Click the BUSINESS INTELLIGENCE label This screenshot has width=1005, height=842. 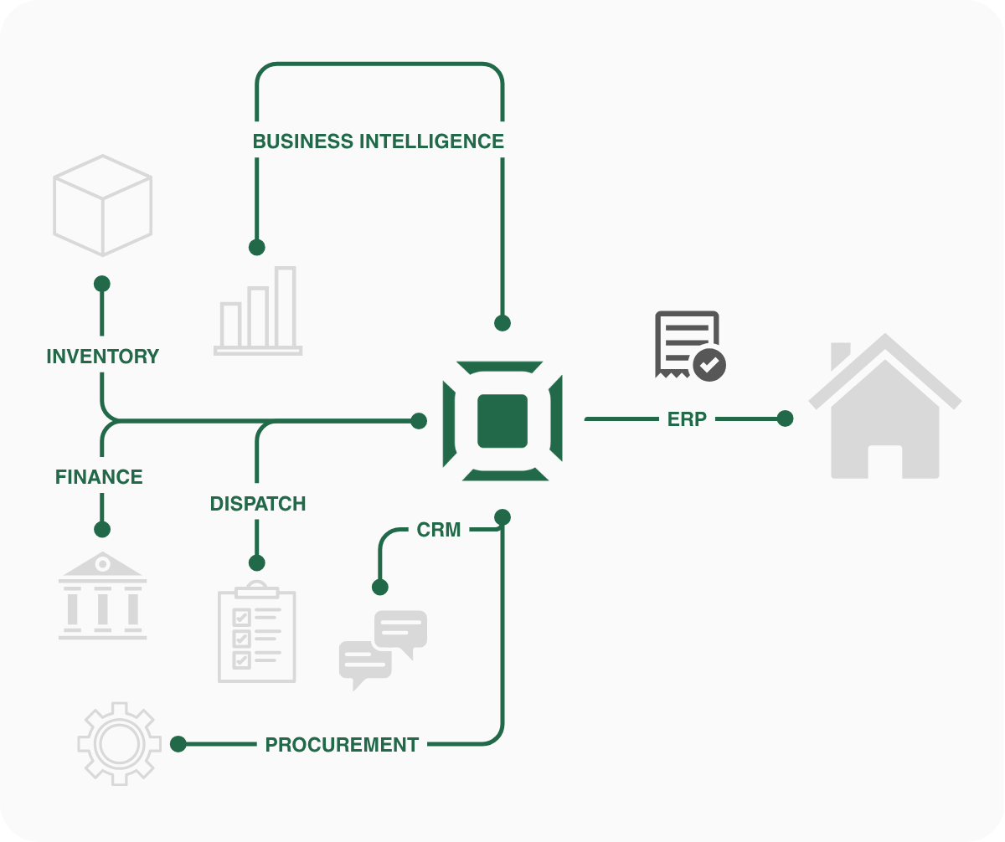[379, 141]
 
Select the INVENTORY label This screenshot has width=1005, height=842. [102, 357]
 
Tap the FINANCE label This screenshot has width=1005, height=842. [99, 477]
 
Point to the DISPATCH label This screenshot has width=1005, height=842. [258, 504]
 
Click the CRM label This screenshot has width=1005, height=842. [439, 530]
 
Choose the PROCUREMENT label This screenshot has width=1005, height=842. [342, 744]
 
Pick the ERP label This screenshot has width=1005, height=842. [687, 419]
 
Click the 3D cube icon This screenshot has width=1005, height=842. [102, 205]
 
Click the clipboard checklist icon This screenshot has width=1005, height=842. [256, 632]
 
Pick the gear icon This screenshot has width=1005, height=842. [119, 743]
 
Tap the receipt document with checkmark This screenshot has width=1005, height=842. [689, 346]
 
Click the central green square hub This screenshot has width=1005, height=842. [502, 421]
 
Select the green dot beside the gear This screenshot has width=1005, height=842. [178, 744]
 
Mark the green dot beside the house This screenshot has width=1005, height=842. [785, 418]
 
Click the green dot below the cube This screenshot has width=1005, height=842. [102, 284]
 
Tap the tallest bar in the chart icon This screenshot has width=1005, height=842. [286, 306]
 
